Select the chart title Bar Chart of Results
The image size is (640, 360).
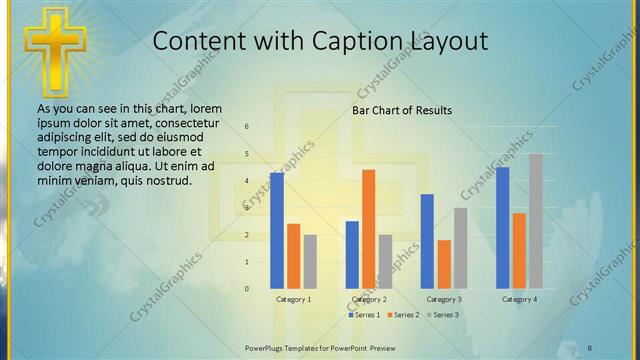pos(401,110)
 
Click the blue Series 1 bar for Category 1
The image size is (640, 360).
pos(277,230)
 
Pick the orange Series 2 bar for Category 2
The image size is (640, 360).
pos(369,229)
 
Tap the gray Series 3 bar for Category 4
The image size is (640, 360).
pos(536,221)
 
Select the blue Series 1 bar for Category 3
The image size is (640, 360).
pos(427,241)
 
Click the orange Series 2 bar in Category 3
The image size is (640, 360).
pos(444,264)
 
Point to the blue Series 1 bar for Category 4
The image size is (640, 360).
pos(502,227)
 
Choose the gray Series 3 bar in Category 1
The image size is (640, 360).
pos(310,261)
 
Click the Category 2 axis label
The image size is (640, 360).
pos(369,299)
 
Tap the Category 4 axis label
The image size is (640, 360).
pos(519,299)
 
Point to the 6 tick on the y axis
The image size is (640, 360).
pos(247,126)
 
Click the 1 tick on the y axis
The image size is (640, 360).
pos(247,262)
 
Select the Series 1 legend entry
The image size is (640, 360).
pos(364,315)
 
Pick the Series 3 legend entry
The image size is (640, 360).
pos(443,315)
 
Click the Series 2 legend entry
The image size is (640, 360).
pos(403,315)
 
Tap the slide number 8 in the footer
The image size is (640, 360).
pos(590,347)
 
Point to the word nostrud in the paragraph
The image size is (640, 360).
pos(167,181)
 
